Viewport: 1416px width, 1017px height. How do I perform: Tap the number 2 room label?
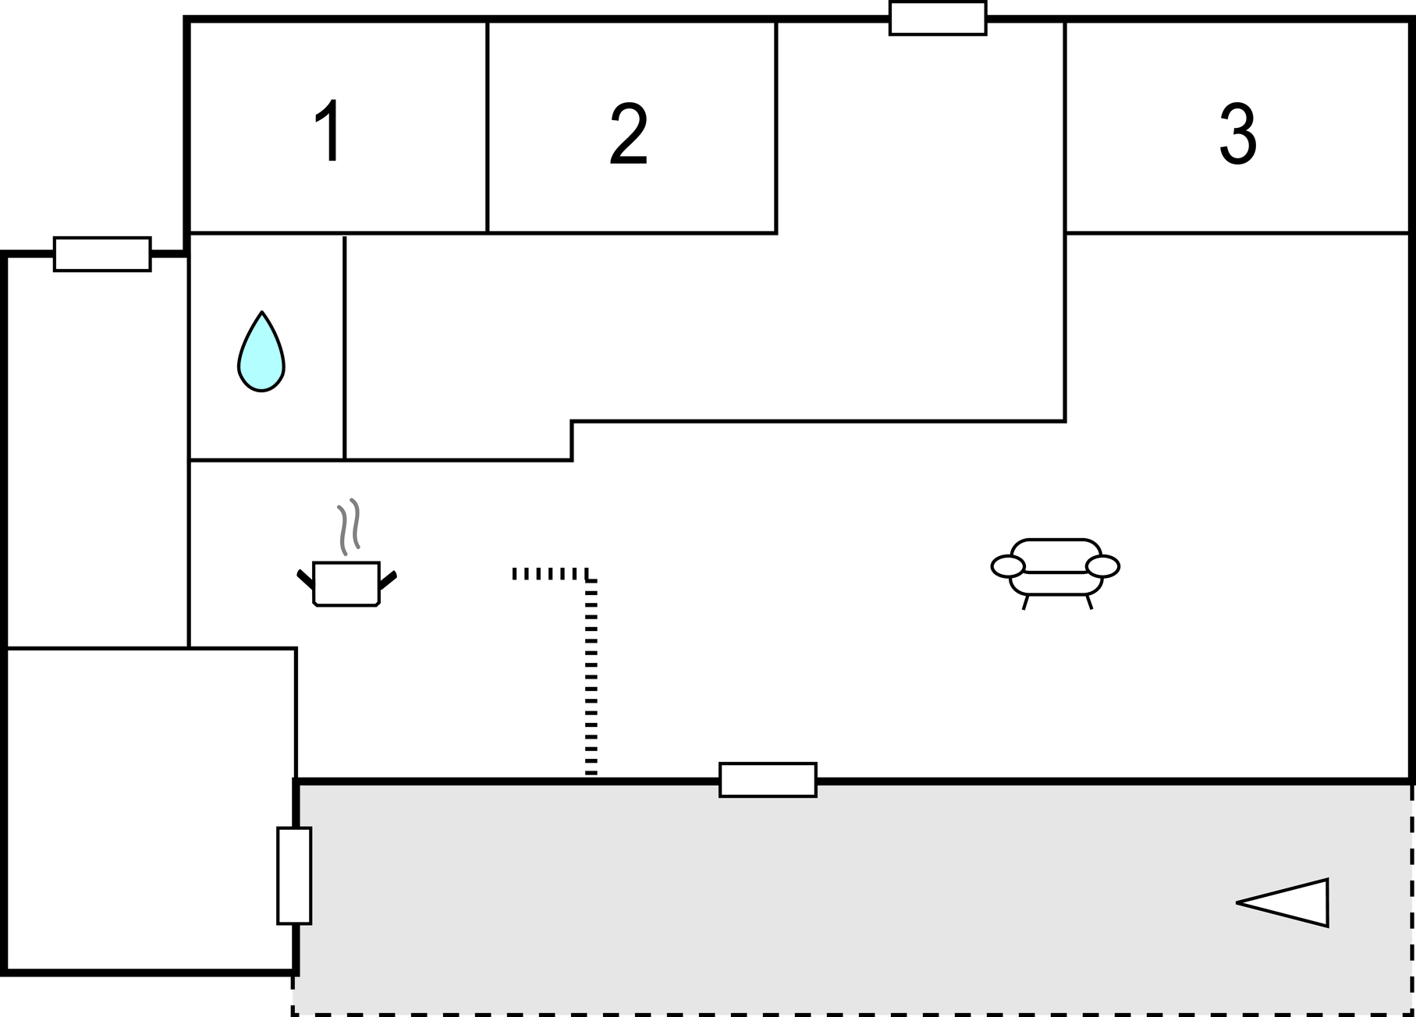(x=629, y=133)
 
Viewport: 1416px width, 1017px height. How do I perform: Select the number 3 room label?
(x=1237, y=133)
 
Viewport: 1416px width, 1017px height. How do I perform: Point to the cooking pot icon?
(x=346, y=583)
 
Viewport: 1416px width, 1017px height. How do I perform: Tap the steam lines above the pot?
(x=350, y=526)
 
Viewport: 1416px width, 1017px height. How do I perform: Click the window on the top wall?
(x=938, y=18)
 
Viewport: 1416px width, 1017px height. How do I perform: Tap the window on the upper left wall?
(x=102, y=254)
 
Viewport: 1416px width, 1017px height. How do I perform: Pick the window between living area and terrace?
(x=768, y=780)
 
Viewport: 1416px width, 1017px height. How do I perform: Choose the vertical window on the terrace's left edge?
(x=294, y=875)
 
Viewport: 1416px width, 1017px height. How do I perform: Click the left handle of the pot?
(x=305, y=579)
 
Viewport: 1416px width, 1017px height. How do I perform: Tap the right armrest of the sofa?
(x=1102, y=566)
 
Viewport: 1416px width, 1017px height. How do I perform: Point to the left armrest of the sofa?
(x=1008, y=566)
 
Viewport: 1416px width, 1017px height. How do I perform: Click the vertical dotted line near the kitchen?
(x=591, y=679)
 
